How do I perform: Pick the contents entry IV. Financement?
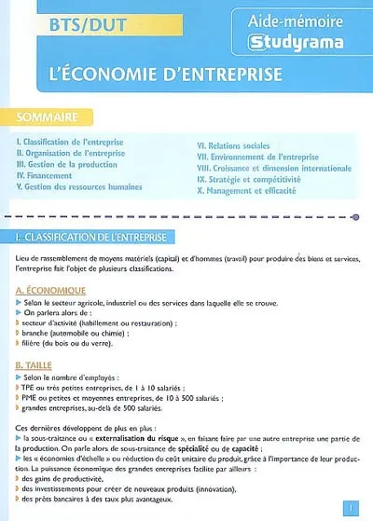click(x=46, y=174)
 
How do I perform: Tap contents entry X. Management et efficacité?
click(x=247, y=190)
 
